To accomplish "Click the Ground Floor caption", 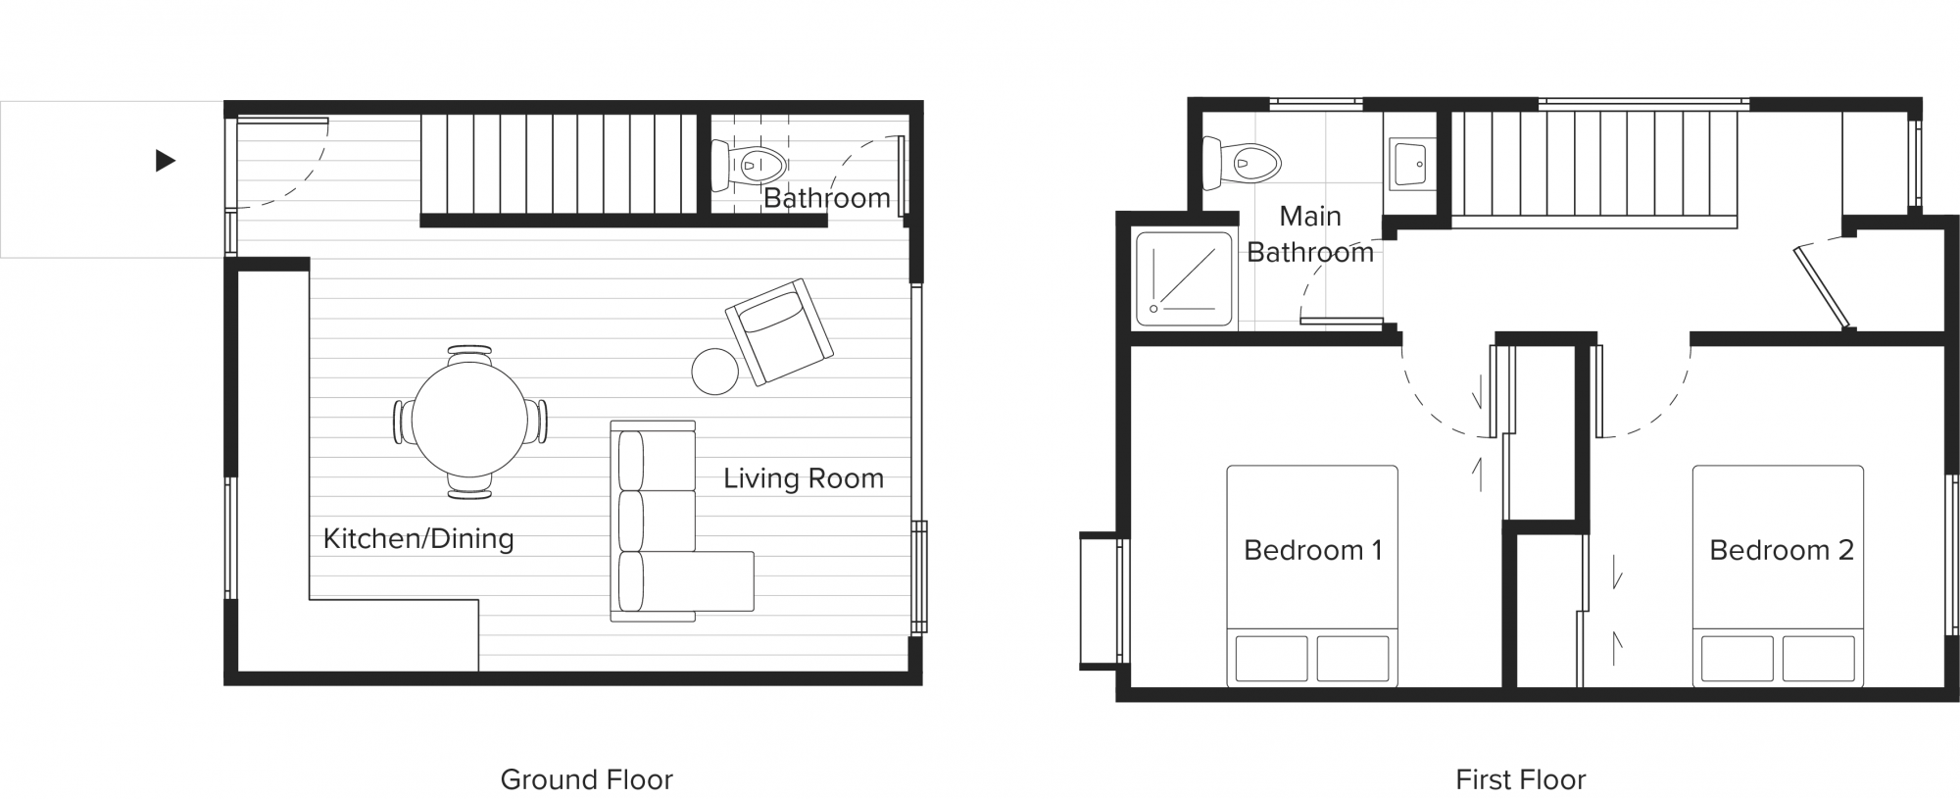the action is click(x=586, y=779).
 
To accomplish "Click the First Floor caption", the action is click(x=1520, y=779).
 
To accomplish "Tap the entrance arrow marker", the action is click(x=166, y=160).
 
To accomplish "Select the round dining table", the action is click(x=469, y=421).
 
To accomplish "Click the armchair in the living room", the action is click(x=779, y=332).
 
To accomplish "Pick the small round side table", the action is click(x=714, y=372).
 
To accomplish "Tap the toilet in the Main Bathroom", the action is click(x=1242, y=163).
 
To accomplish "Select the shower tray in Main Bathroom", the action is click(x=1184, y=278).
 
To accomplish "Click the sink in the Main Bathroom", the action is click(x=1409, y=163).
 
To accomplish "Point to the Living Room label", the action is click(x=804, y=478).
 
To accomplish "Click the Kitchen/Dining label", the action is click(x=418, y=538).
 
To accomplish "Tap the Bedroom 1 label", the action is click(x=1312, y=550).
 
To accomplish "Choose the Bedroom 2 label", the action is click(x=1782, y=550).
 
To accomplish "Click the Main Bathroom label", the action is click(x=1310, y=234).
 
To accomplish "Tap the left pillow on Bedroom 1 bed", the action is click(x=1271, y=659).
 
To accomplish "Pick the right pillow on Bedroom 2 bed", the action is click(x=1818, y=659).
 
